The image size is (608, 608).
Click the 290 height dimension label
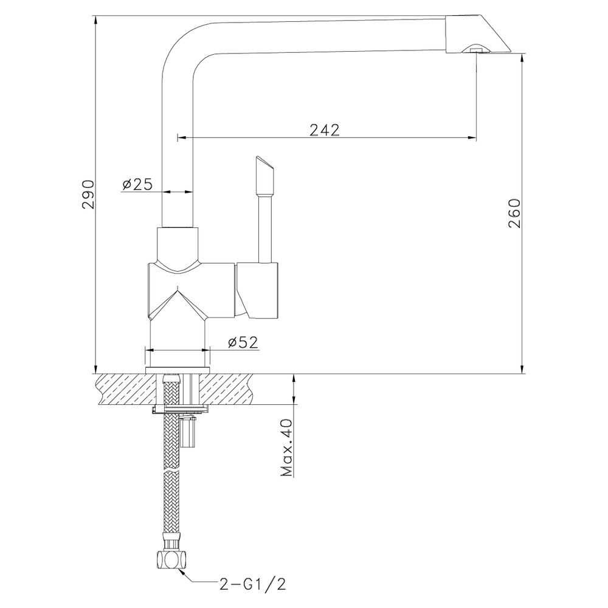(x=88, y=195)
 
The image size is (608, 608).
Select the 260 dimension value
(x=514, y=213)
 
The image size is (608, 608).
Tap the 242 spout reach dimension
(x=325, y=130)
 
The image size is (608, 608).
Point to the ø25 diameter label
(x=137, y=184)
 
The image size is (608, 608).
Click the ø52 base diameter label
(x=243, y=342)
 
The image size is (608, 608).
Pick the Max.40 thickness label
(x=287, y=447)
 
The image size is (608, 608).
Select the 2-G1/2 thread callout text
(x=253, y=584)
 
